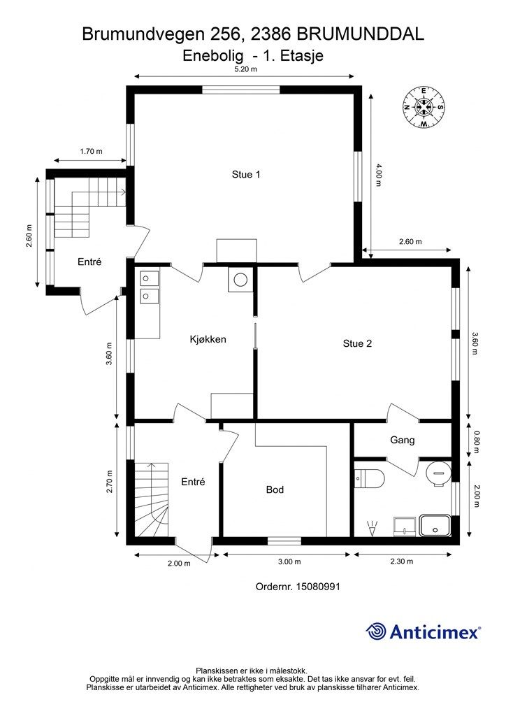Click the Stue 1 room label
tap(246, 174)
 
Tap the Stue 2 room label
tap(357, 343)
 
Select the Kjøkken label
tap(208, 339)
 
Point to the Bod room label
tap(275, 489)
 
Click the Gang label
tap(403, 441)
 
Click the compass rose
tap(424, 107)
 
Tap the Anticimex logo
tap(423, 631)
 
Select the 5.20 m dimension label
tap(245, 69)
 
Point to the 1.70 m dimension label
tap(91, 151)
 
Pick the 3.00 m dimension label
tap(289, 561)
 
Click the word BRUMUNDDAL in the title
tap(361, 34)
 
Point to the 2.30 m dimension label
tap(401, 561)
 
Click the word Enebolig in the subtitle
tap(208, 56)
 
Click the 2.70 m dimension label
tap(109, 482)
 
